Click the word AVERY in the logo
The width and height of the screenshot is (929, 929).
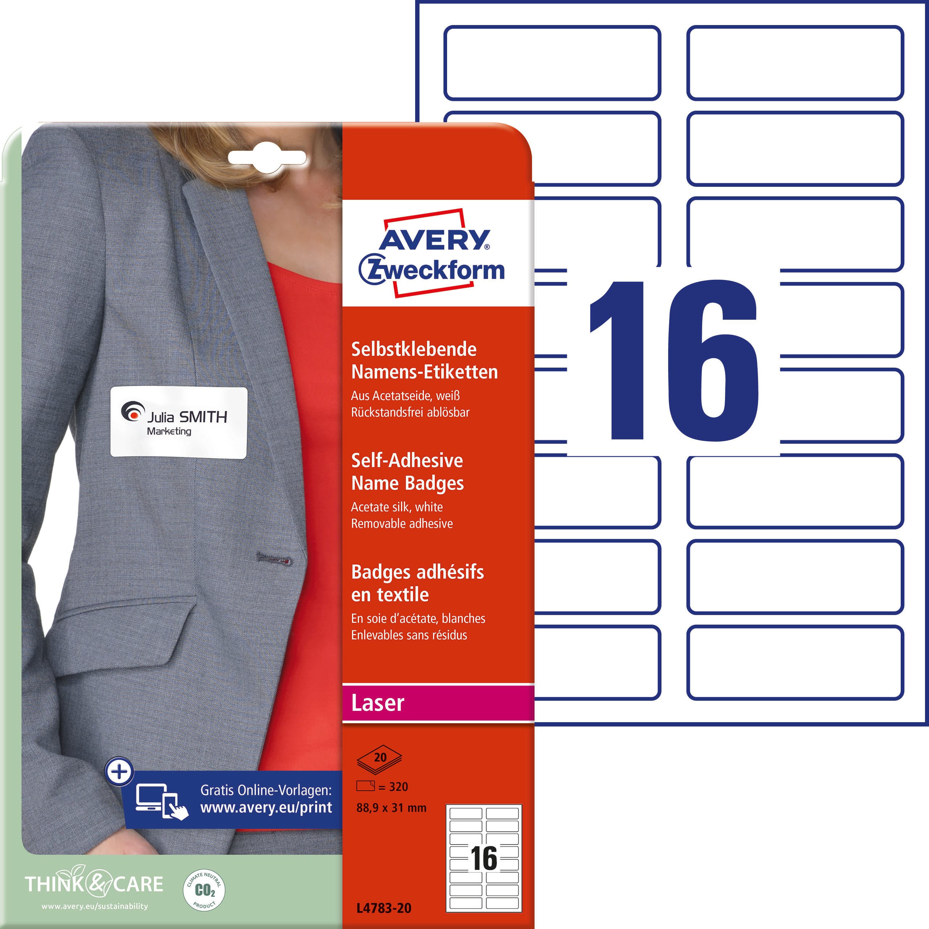pos(435,239)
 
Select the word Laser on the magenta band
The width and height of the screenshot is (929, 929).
pos(377,703)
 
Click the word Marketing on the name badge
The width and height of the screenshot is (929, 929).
pos(169,431)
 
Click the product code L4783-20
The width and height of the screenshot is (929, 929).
pos(384,908)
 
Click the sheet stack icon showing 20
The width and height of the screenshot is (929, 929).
pos(379,759)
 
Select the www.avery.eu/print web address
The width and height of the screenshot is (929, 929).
pos(266,807)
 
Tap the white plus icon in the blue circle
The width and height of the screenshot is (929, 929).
pos(119,772)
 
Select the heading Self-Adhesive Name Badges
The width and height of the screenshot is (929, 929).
pos(407,472)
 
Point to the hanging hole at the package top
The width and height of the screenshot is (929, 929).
pos(267,157)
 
